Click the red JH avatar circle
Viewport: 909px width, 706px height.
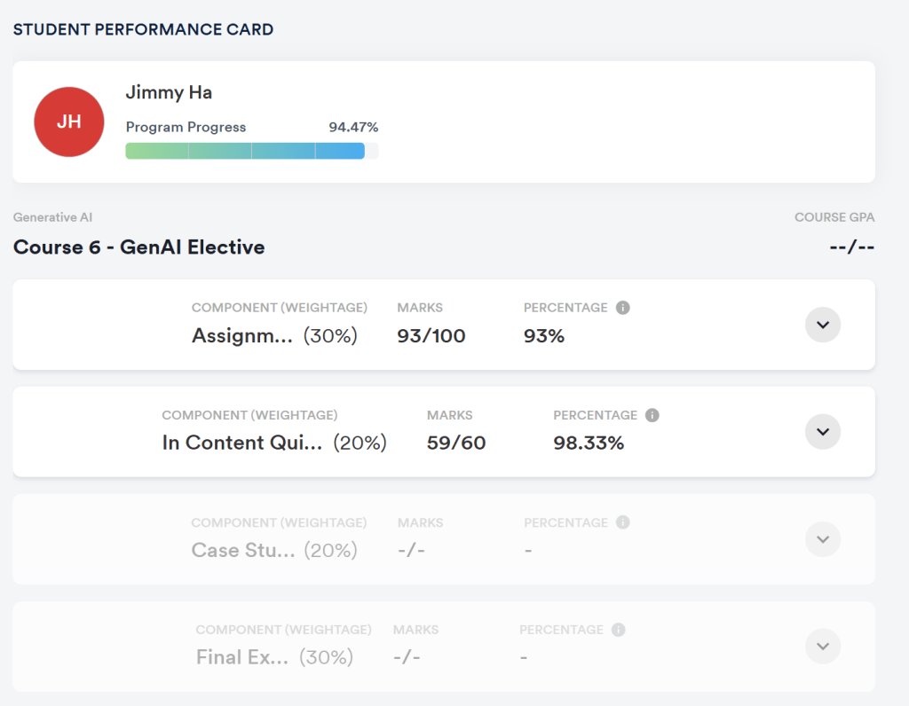(69, 122)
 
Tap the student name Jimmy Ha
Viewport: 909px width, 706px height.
(169, 92)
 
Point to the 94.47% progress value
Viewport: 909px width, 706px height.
(353, 127)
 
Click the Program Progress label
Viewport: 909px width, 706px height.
(186, 127)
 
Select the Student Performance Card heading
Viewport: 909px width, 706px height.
(143, 29)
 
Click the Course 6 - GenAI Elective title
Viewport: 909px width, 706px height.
(138, 247)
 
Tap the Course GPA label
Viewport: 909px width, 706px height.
(834, 217)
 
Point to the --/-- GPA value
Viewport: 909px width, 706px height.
(851, 247)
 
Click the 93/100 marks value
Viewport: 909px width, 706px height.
(431, 336)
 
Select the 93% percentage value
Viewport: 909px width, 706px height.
(544, 336)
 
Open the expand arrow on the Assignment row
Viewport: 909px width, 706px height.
(823, 325)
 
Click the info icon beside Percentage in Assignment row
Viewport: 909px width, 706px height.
(623, 308)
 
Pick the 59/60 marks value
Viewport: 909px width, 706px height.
(456, 443)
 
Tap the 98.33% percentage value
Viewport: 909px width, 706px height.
(589, 443)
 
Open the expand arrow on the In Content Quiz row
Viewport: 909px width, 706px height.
(823, 432)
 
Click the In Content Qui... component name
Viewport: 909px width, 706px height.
(242, 443)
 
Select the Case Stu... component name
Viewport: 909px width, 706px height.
(243, 551)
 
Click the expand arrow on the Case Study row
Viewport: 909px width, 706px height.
(823, 539)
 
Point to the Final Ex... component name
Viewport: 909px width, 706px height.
(242, 658)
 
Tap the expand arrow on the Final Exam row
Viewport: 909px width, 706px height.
(823, 647)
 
